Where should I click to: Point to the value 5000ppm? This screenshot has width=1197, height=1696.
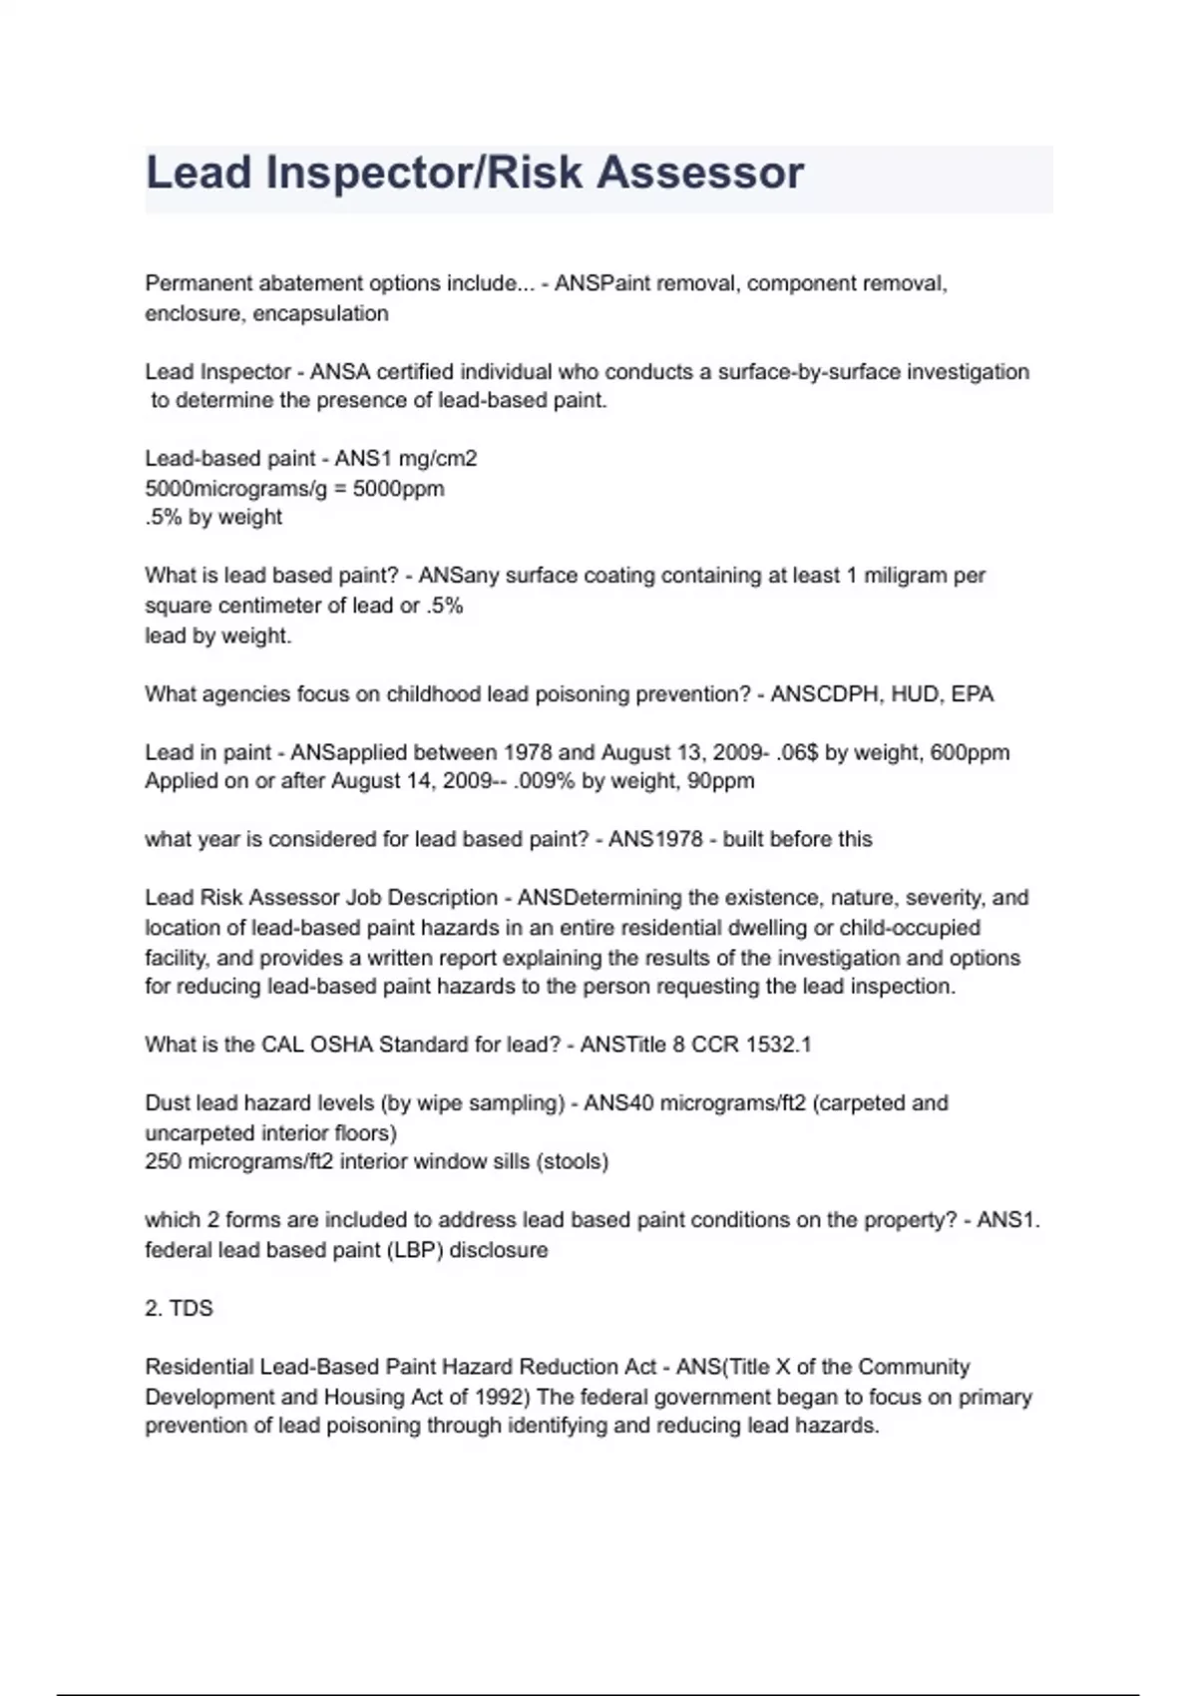pos(399,489)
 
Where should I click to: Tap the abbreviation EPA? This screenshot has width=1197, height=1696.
pos(973,694)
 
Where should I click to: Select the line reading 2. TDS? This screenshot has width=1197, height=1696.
pos(179,1308)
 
